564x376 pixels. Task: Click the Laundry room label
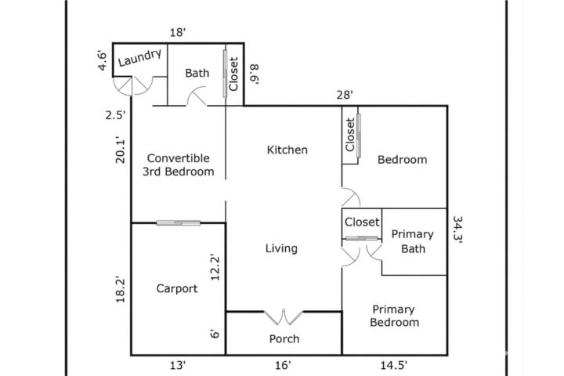(x=140, y=58)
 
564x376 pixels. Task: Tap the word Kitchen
(x=287, y=150)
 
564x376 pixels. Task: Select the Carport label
(x=177, y=288)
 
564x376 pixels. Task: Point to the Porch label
(x=284, y=338)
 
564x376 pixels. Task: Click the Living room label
(x=281, y=248)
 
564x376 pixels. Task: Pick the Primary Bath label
(x=413, y=241)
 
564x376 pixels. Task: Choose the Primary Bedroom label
(x=394, y=316)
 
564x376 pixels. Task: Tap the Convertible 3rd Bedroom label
(x=178, y=164)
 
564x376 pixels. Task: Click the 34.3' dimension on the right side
(x=457, y=230)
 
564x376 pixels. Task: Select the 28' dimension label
(x=345, y=95)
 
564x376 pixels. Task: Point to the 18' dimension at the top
(x=178, y=33)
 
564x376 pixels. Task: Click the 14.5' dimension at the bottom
(x=394, y=366)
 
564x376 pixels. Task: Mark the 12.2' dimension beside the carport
(x=215, y=267)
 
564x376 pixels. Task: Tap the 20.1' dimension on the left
(x=120, y=150)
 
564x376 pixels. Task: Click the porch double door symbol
(x=284, y=316)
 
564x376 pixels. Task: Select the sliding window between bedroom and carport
(x=179, y=223)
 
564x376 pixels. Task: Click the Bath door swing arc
(x=197, y=94)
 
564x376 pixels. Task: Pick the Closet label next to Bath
(x=233, y=74)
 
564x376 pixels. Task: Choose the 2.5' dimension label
(x=115, y=115)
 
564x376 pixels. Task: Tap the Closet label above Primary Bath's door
(x=362, y=222)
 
